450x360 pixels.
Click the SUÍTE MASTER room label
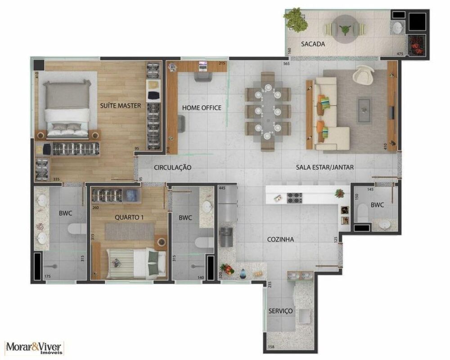point(121,106)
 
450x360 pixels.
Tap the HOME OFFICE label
point(202,108)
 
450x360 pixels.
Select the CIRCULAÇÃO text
point(173,167)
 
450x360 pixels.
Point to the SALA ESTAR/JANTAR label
point(325,167)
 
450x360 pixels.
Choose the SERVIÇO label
point(281,311)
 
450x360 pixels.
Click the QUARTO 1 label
point(129,217)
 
